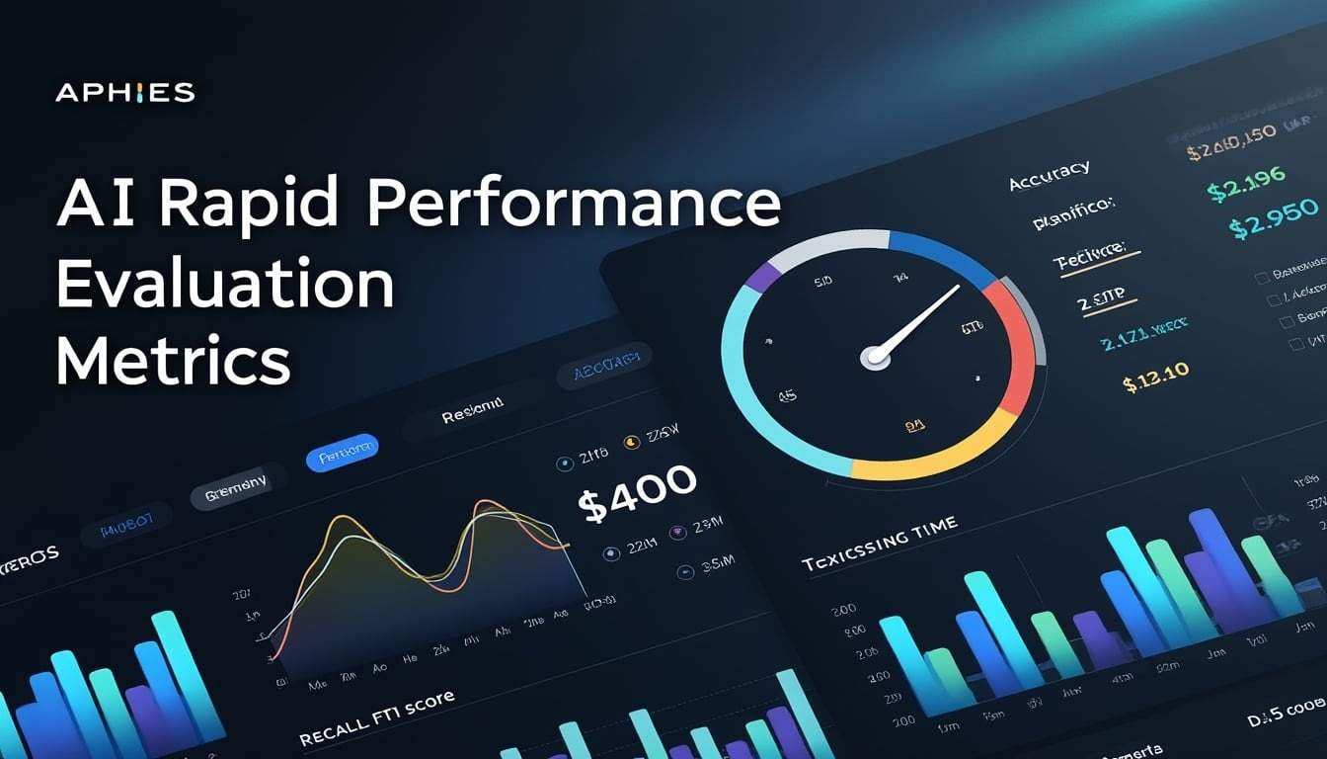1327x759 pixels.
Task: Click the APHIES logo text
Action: [x=125, y=93]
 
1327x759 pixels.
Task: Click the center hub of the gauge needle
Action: [x=875, y=358]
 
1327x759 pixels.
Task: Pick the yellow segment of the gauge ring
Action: [x=928, y=456]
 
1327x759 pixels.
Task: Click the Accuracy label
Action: [x=1049, y=177]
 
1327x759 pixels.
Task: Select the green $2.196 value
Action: [x=1246, y=184]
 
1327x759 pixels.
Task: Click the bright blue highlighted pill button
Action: [x=342, y=452]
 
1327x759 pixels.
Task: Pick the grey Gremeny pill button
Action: [x=236, y=486]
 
